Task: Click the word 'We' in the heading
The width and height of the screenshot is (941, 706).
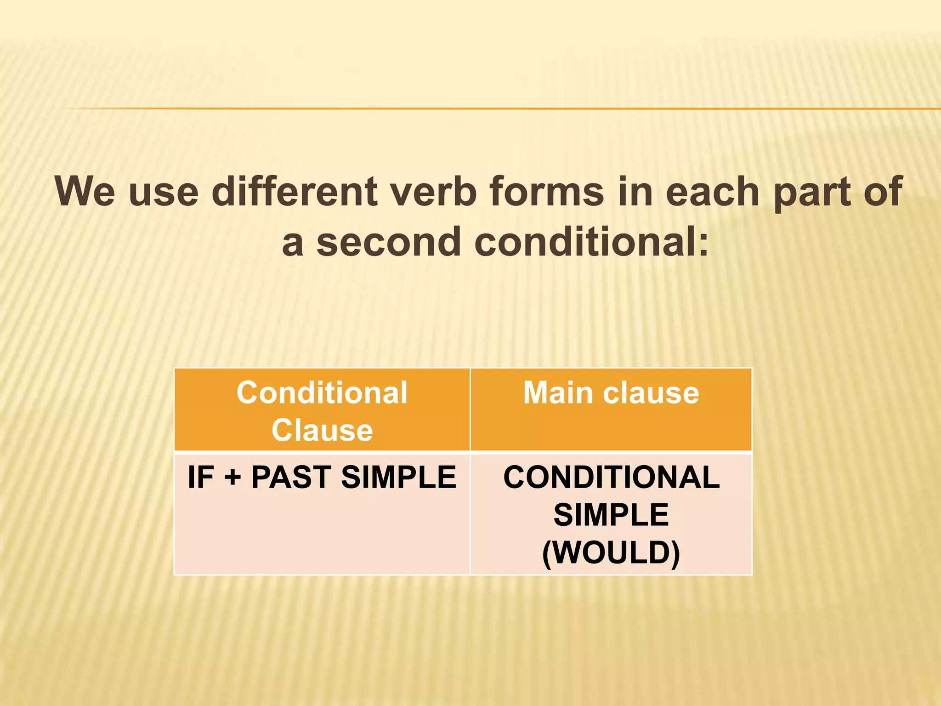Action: click(x=85, y=192)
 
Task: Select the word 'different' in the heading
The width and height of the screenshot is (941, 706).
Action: click(x=295, y=192)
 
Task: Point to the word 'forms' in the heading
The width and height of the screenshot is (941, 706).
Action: click(x=546, y=192)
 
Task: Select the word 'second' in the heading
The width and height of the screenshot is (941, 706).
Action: click(x=389, y=242)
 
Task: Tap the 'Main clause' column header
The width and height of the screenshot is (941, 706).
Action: click(x=611, y=393)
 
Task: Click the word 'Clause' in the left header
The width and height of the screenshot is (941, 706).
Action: click(x=322, y=431)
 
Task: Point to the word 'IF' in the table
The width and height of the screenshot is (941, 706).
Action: click(x=201, y=477)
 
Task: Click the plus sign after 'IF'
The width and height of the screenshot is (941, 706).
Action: click(x=232, y=477)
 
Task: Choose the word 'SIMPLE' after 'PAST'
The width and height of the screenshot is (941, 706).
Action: click(x=398, y=477)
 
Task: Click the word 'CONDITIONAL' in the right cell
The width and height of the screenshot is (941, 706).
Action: click(x=611, y=477)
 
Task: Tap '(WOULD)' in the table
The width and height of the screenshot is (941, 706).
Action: click(x=611, y=552)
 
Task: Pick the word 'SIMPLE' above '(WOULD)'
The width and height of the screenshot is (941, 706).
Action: click(x=611, y=515)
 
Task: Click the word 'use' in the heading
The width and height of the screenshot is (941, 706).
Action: click(x=164, y=193)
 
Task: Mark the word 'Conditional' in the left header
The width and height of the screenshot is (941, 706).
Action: click(x=322, y=393)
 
